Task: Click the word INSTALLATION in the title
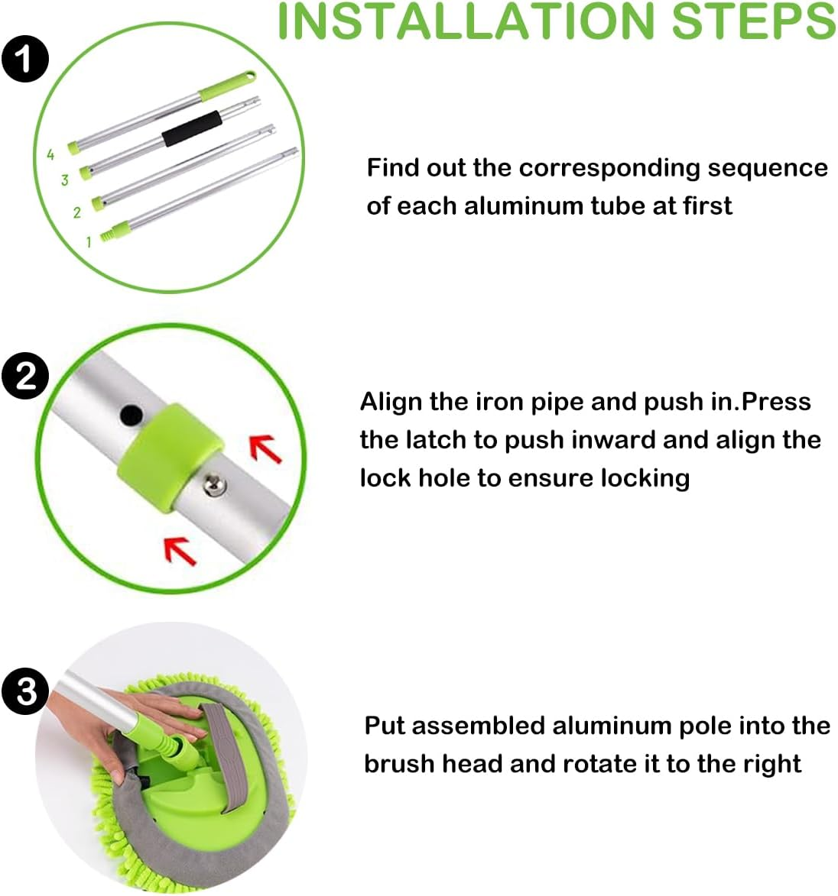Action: [x=466, y=21]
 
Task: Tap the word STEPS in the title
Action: [x=753, y=21]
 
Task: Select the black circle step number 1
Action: [x=24, y=59]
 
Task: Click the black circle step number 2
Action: [x=24, y=376]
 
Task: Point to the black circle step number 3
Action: [x=25, y=691]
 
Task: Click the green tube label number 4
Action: [x=50, y=155]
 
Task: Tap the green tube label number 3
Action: [x=65, y=180]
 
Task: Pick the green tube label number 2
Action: [x=76, y=212]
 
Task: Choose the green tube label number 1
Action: [x=89, y=242]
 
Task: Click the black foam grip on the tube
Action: [x=191, y=126]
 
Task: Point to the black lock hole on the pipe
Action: [x=132, y=415]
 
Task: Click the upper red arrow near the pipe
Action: [x=265, y=449]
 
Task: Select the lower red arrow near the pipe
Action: [x=181, y=550]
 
